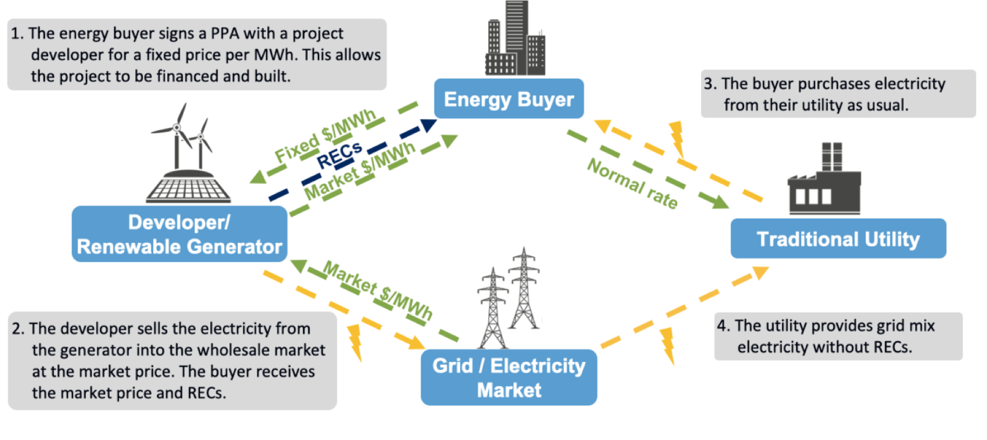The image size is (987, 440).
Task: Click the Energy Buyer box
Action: pyautogui.click(x=509, y=98)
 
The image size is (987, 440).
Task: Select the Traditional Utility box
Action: pyautogui.click(x=838, y=238)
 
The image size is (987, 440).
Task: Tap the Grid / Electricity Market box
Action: pyautogui.click(x=509, y=377)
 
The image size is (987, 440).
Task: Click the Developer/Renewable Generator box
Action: pyautogui.click(x=179, y=234)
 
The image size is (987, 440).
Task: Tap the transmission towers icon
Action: pyautogui.click(x=509, y=298)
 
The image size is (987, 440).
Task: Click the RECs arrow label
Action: pyautogui.click(x=339, y=155)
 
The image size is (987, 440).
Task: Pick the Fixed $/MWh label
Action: pyautogui.click(x=325, y=136)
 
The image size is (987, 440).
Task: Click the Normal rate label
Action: pyautogui.click(x=632, y=183)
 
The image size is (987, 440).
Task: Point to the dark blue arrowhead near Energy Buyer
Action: pyautogui.click(x=428, y=125)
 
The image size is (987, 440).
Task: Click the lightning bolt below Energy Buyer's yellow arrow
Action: pyautogui.click(x=677, y=139)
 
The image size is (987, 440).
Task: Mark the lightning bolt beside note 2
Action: pyautogui.click(x=355, y=342)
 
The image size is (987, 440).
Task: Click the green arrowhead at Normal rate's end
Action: pyautogui.click(x=720, y=202)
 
